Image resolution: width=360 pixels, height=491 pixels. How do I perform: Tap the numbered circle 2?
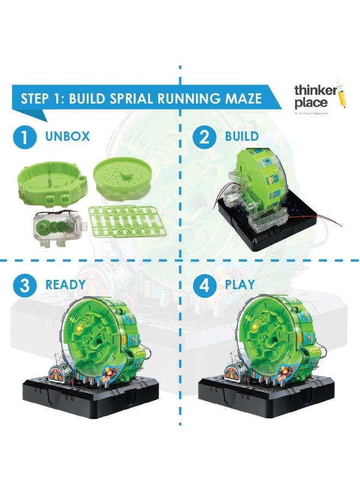(205, 137)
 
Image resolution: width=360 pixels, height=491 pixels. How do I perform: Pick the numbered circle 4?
(205, 285)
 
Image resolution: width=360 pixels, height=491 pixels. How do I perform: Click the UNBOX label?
(68, 137)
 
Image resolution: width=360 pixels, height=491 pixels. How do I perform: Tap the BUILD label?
(242, 137)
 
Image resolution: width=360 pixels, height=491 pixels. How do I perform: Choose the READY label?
(65, 285)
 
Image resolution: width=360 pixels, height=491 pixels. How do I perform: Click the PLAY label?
(240, 285)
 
